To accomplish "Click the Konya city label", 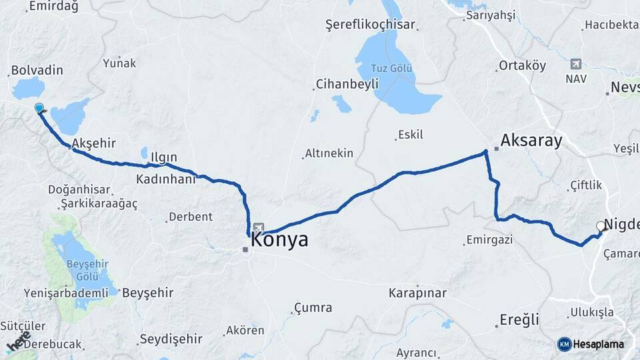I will click(279, 240).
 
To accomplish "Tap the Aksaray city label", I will click(531, 141).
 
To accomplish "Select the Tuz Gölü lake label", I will click(393, 69).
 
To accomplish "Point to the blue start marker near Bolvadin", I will click(39, 108).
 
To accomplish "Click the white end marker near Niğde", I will click(601, 226).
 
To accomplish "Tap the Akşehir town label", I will click(93, 143).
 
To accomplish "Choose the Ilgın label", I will click(163, 157).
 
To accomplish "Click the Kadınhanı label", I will click(165, 179).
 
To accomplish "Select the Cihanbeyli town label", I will click(346, 84).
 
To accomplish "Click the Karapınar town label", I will click(417, 293).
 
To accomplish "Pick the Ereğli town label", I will click(519, 320).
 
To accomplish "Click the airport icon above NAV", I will click(575, 64).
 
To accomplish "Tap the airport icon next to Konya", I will click(258, 227).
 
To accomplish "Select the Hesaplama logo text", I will click(599, 344).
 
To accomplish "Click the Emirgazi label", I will click(489, 239).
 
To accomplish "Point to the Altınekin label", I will click(329, 153).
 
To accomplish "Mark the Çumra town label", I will click(311, 308).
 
